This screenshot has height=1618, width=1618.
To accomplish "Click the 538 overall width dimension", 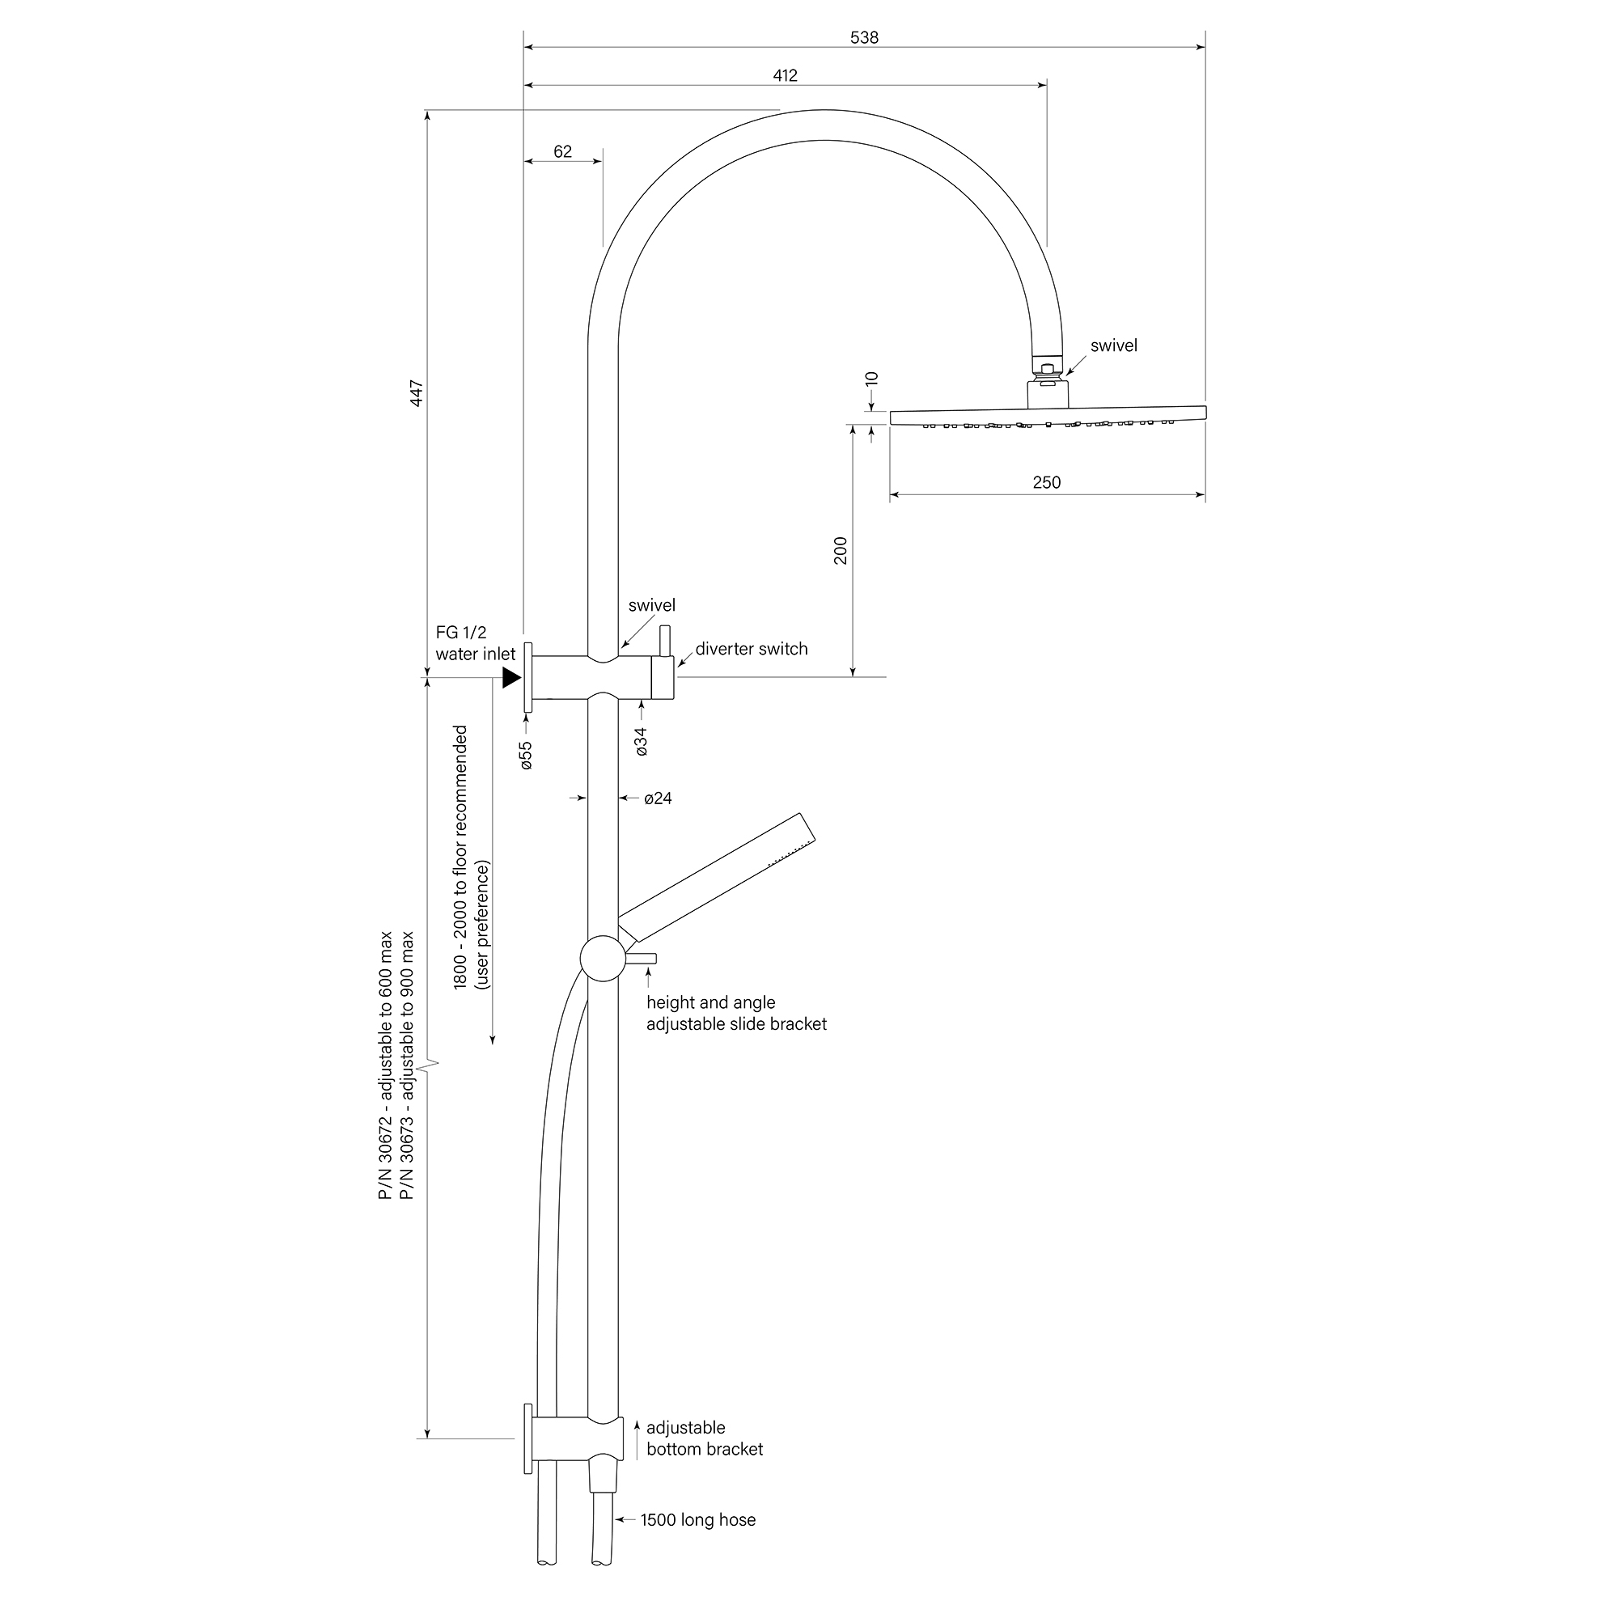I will (863, 38).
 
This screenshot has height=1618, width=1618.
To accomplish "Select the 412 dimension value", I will (785, 75).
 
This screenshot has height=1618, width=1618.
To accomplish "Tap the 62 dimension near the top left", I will (563, 151).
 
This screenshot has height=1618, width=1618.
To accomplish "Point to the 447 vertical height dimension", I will (416, 394).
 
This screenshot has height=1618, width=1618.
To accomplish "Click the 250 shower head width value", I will (1046, 482).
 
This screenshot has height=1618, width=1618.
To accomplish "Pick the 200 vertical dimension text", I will (841, 550).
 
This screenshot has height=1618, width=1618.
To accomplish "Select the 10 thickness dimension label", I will (872, 379).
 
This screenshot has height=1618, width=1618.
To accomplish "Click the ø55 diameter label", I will (526, 756).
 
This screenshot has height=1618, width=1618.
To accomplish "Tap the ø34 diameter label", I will (642, 742).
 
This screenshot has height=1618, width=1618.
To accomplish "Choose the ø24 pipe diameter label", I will (659, 798).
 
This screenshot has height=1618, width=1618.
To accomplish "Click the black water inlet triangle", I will (510, 677).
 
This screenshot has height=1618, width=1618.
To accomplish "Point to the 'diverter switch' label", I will (752, 649).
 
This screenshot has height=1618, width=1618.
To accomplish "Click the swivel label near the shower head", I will (1113, 346).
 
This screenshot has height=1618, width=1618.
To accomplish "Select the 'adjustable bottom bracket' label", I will (704, 1438).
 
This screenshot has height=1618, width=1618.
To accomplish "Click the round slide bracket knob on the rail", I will (602, 959).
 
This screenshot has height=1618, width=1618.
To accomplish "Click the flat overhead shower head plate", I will (1047, 415).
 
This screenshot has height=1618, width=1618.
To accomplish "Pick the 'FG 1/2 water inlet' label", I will (475, 643).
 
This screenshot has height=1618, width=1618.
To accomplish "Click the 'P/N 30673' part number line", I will (407, 1065).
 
